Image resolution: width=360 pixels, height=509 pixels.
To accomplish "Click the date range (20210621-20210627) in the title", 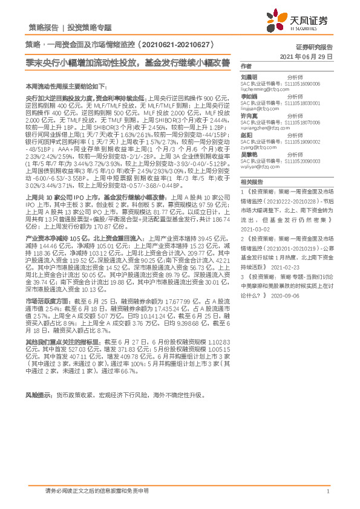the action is [x=175, y=45].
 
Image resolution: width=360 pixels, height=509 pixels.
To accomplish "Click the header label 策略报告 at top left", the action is [x=44, y=27].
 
